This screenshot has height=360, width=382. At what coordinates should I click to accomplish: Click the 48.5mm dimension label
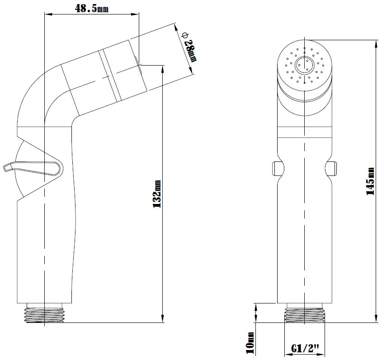(92, 9)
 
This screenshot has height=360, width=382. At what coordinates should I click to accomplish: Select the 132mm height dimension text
(157, 194)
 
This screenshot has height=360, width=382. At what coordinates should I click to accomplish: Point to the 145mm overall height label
(370, 181)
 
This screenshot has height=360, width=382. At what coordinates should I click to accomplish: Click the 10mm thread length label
(250, 343)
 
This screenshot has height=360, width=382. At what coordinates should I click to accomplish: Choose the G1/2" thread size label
(305, 348)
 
